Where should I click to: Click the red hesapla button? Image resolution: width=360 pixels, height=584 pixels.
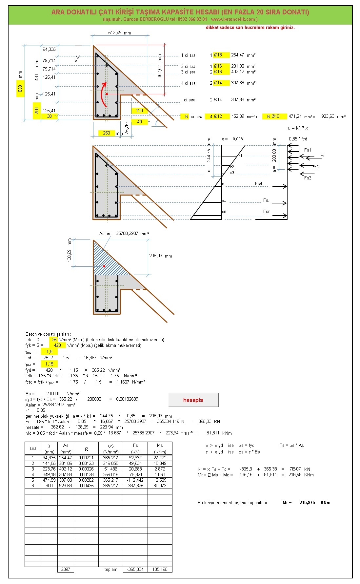pyautogui.click(x=193, y=400)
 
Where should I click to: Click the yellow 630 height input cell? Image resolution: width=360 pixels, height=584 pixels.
pyautogui.click(x=20, y=89)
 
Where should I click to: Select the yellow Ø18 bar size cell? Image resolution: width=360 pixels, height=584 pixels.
pyautogui.click(x=221, y=55)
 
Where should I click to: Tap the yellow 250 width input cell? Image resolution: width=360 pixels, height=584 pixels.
pyautogui.click(x=106, y=133)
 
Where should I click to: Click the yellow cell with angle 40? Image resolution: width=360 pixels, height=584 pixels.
pyautogui.click(x=139, y=122)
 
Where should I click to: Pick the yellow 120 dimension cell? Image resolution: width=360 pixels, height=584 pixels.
pyautogui.click(x=139, y=111)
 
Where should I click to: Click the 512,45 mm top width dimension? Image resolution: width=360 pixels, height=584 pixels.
pyautogui.click(x=119, y=33)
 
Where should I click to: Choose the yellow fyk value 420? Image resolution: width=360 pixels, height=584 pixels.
pyautogui.click(x=57, y=345)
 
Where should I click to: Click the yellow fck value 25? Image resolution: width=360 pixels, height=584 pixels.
pyautogui.click(x=54, y=340)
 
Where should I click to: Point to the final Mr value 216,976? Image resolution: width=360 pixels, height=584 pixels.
pyautogui.click(x=307, y=503)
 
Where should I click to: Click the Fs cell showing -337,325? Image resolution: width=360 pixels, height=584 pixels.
pyautogui.click(x=135, y=486)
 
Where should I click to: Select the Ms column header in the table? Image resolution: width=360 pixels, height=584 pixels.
pyautogui.click(x=160, y=445)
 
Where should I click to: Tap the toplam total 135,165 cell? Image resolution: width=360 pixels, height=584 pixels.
pyautogui.click(x=160, y=569)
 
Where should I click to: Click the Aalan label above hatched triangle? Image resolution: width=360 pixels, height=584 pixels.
pyautogui.click(x=106, y=234)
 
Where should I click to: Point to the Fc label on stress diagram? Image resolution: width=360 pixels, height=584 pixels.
pyautogui.click(x=323, y=156)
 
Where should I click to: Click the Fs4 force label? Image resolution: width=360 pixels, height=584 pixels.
pyautogui.click(x=259, y=183)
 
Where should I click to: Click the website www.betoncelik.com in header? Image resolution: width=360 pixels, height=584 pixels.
pyautogui.click(x=233, y=19)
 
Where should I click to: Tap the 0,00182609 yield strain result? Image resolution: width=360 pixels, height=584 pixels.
pyautogui.click(x=127, y=399)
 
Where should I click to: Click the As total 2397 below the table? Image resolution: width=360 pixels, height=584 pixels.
pyautogui.click(x=66, y=569)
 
